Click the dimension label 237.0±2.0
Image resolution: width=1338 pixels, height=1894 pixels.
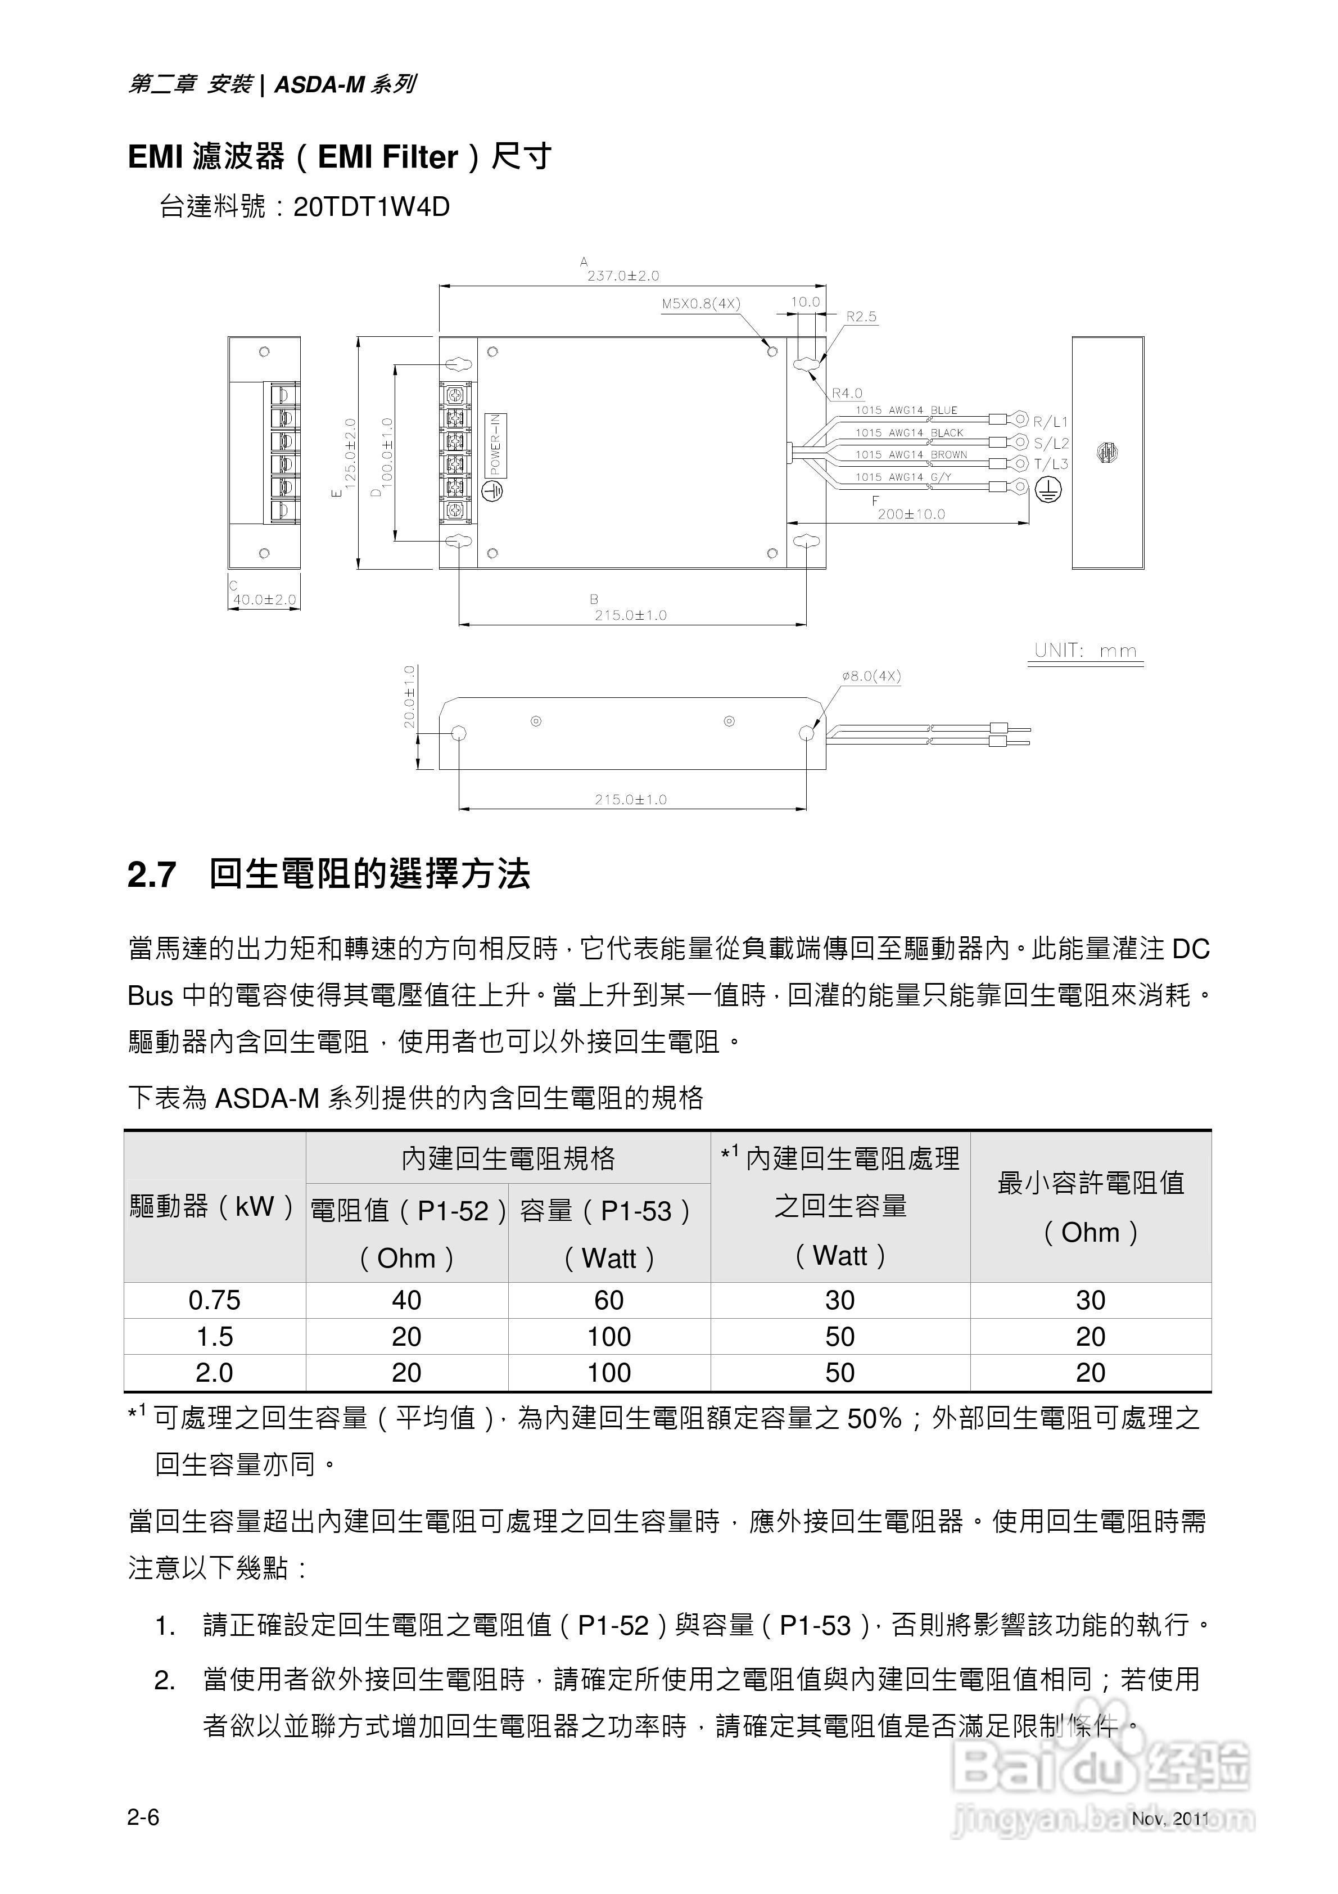coord(623,276)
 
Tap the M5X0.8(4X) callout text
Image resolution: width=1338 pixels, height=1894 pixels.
coord(701,304)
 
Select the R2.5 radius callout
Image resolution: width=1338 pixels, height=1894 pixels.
coord(861,317)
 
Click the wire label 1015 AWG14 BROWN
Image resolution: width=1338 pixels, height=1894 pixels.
coord(911,454)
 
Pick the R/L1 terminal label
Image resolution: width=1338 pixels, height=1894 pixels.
coord(1051,422)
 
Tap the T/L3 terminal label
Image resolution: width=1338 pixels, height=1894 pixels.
coord(1051,465)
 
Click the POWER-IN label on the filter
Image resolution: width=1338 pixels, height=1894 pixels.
coord(496,445)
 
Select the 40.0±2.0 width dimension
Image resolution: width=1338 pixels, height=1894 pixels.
coord(264,599)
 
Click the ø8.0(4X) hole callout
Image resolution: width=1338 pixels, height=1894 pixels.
coord(871,677)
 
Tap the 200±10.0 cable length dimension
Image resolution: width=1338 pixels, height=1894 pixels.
coord(911,514)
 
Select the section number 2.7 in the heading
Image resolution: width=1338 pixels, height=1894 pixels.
coord(152,875)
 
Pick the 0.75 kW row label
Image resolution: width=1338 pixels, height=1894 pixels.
coord(215,1301)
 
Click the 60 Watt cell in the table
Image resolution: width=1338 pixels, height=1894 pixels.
coord(609,1301)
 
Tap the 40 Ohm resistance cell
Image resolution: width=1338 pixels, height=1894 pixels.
coord(406,1301)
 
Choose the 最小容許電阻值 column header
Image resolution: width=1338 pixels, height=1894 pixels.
coord(1091,1183)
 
